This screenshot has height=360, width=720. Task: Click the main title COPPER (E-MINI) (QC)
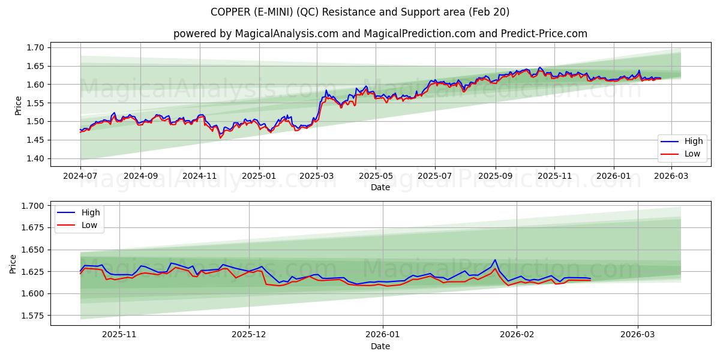coord(359,12)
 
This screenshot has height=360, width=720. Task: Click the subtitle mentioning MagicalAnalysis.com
coord(380,34)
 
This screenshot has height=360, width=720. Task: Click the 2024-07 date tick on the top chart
coord(80,177)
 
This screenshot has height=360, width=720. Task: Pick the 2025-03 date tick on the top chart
coord(317,177)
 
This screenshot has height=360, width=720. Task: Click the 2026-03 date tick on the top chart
coord(671,177)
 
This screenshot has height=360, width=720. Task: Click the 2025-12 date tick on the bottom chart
coord(249,335)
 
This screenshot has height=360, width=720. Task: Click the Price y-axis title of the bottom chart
coord(13,263)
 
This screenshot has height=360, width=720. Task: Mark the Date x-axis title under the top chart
coord(380,187)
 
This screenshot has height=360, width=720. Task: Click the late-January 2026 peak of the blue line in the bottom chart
coord(495,260)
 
